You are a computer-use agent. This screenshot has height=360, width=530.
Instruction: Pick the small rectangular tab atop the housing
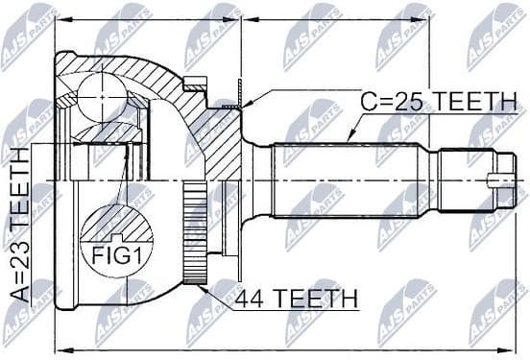pyautogui.click(x=196, y=84)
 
